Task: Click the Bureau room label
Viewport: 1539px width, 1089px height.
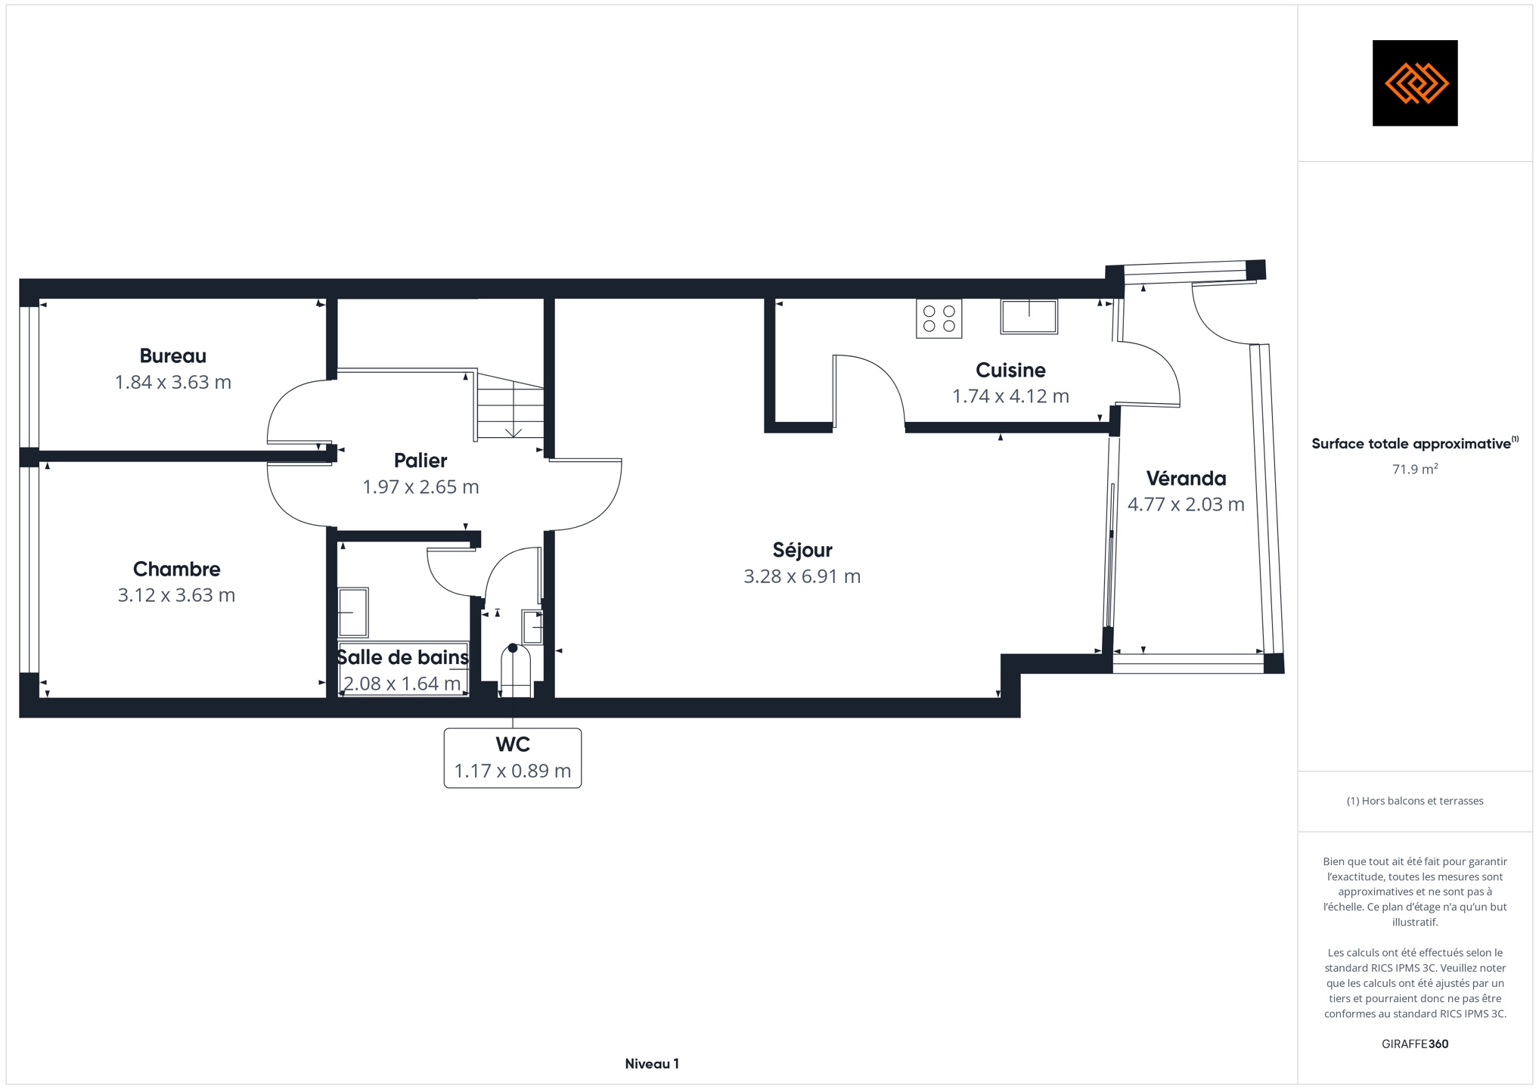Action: pyautogui.click(x=172, y=356)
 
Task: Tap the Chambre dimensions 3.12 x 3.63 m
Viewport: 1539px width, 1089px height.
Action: pyautogui.click(x=176, y=595)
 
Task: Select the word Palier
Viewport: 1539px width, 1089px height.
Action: pyautogui.click(x=420, y=461)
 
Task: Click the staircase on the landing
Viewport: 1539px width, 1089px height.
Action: pyautogui.click(x=509, y=406)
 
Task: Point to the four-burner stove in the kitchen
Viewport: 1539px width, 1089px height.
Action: pyautogui.click(x=939, y=318)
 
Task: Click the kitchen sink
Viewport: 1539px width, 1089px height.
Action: pyautogui.click(x=1029, y=316)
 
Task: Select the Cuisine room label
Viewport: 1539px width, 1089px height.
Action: pyautogui.click(x=1010, y=371)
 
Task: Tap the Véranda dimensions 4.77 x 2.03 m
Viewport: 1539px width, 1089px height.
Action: pyautogui.click(x=1186, y=504)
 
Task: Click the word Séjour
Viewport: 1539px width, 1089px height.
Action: pyautogui.click(x=802, y=551)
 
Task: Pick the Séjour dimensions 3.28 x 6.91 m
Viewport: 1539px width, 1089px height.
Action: pyautogui.click(x=802, y=576)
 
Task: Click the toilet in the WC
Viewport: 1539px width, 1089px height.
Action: pyautogui.click(x=515, y=671)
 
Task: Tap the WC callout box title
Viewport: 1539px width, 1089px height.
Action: pyautogui.click(x=513, y=745)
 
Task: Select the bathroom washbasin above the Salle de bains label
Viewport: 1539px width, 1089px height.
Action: pyautogui.click(x=352, y=613)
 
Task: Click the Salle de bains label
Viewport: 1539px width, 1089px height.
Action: pyautogui.click(x=402, y=657)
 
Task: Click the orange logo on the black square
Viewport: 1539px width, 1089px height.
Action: pyautogui.click(x=1416, y=83)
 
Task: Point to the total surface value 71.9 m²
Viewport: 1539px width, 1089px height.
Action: pyautogui.click(x=1415, y=469)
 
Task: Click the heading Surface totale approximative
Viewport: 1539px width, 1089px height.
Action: pyautogui.click(x=1411, y=444)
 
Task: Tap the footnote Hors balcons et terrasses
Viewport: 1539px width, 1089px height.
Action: pyautogui.click(x=1415, y=801)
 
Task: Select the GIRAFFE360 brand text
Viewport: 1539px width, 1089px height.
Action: pyautogui.click(x=1415, y=1044)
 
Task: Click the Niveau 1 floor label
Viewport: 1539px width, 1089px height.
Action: pyautogui.click(x=652, y=1064)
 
